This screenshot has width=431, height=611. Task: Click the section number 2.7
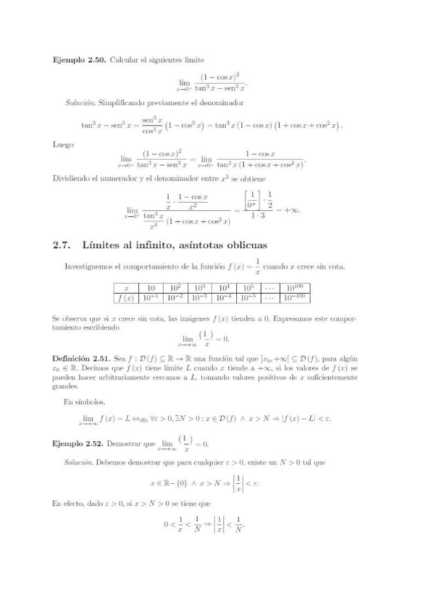(x=63, y=245)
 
